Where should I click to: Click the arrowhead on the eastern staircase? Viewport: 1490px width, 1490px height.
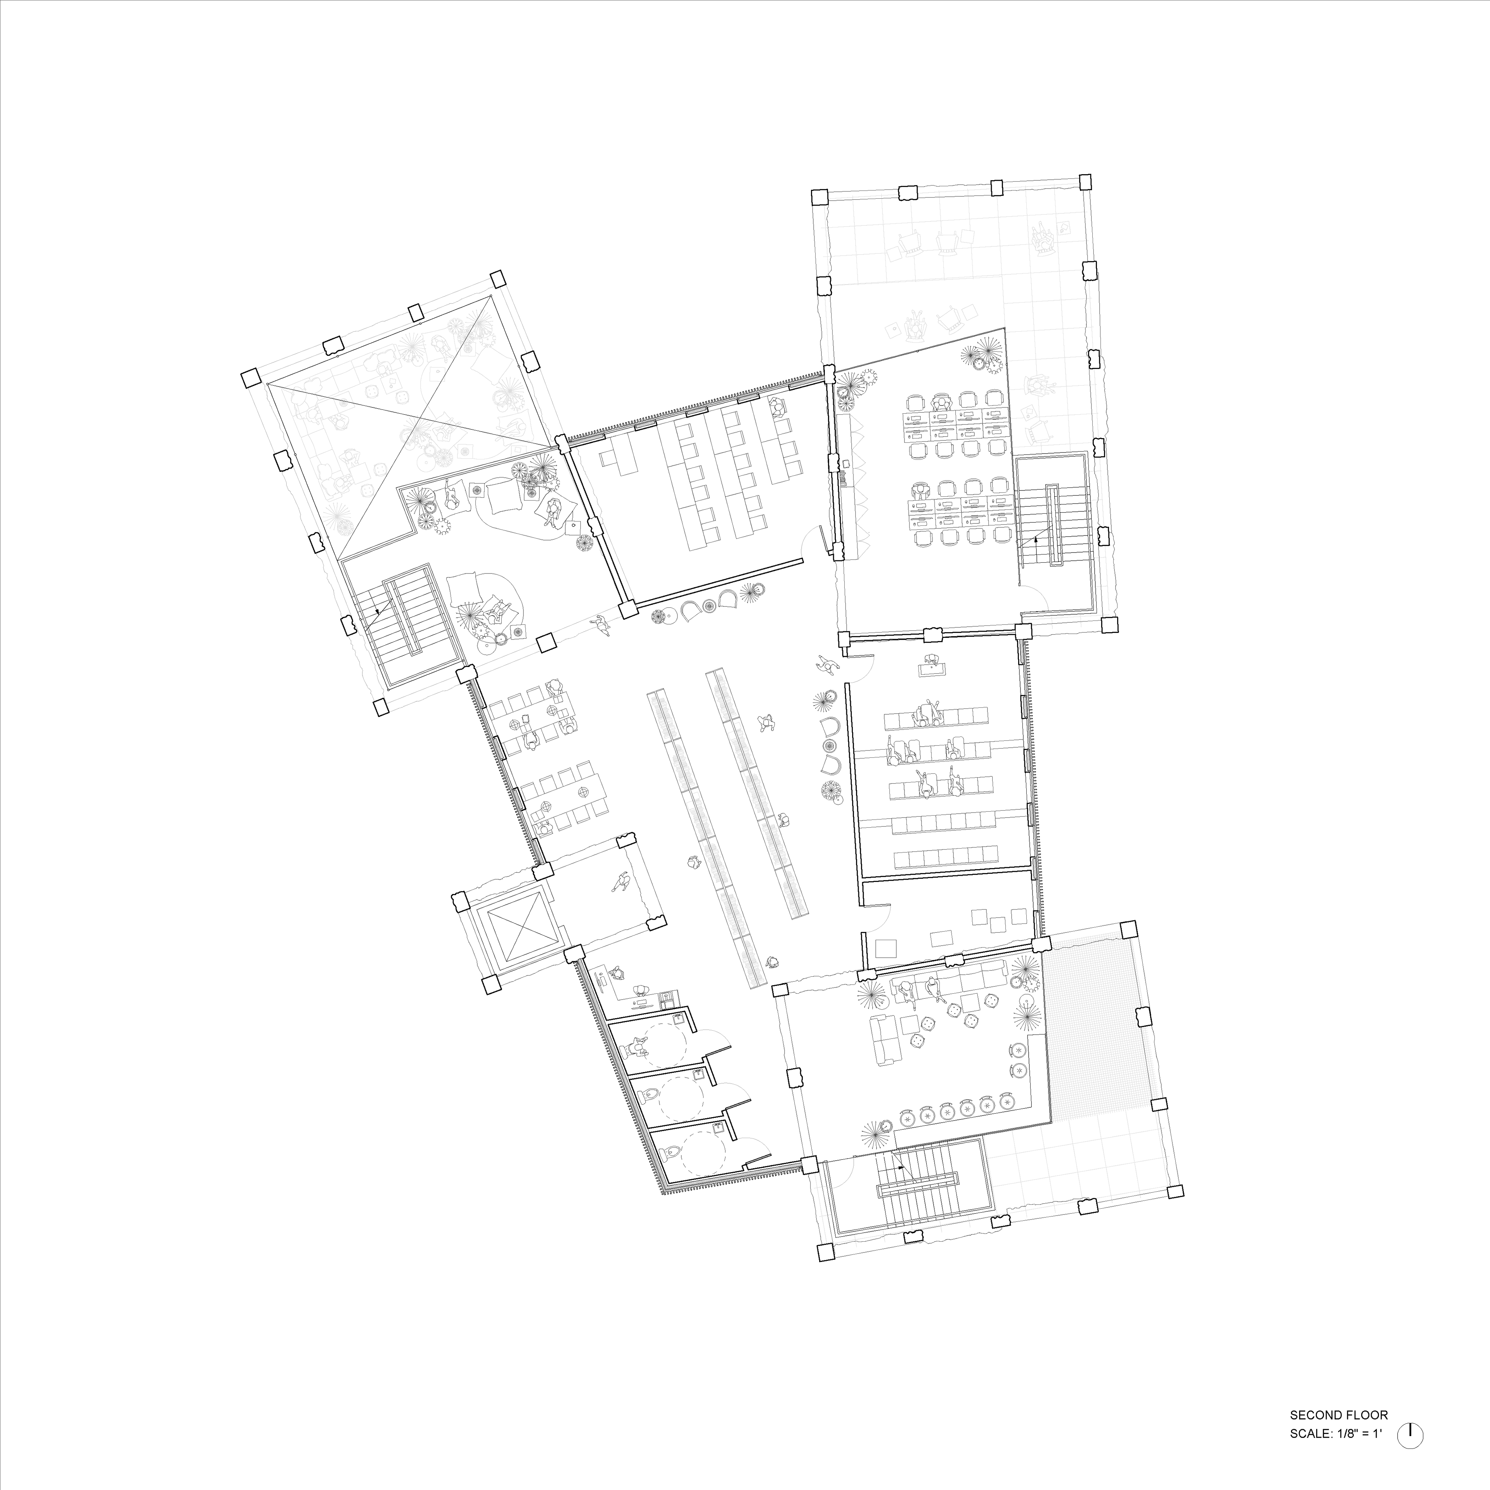click(x=1035, y=541)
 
